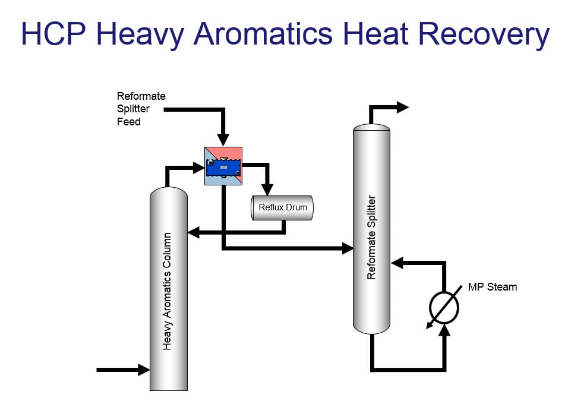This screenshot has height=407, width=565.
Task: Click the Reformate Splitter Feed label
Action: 141,109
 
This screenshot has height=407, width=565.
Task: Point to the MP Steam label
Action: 493,287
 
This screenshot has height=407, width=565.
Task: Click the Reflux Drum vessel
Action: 282,207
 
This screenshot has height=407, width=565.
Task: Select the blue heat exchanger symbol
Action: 223,166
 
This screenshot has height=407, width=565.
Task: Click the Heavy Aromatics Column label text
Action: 168,291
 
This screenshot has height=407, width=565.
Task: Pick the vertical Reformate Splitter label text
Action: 371,237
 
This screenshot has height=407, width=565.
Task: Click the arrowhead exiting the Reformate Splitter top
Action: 403,108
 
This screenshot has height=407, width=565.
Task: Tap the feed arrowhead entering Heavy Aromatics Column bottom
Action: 144,370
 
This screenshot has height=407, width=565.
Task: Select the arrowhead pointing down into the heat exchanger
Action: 223,141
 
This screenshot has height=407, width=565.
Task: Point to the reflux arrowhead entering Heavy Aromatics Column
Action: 193,233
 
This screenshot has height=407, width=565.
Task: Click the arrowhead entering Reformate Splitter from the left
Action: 348,248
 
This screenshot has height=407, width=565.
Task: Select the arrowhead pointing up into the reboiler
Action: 444,330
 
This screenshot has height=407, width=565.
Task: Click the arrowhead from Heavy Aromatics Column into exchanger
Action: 199,168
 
